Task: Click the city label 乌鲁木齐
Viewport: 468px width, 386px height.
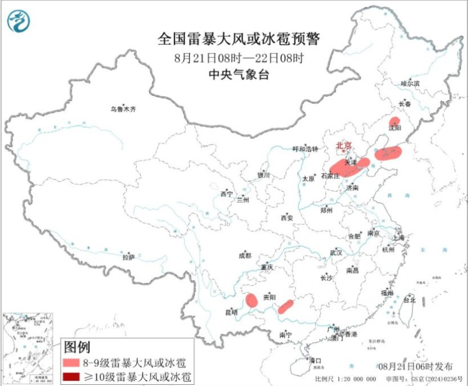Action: pos(123,109)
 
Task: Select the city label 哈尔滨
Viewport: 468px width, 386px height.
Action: pos(410,83)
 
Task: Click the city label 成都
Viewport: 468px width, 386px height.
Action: pos(245,255)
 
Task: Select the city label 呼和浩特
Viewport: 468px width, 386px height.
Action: pos(305,149)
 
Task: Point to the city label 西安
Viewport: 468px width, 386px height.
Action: pos(287,217)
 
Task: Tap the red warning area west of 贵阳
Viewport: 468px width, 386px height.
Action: pos(251,300)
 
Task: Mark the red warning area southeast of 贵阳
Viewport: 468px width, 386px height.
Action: pos(286,306)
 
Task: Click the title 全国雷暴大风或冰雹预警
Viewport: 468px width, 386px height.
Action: pos(238,39)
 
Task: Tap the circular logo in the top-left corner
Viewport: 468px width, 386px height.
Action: pos(19,21)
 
